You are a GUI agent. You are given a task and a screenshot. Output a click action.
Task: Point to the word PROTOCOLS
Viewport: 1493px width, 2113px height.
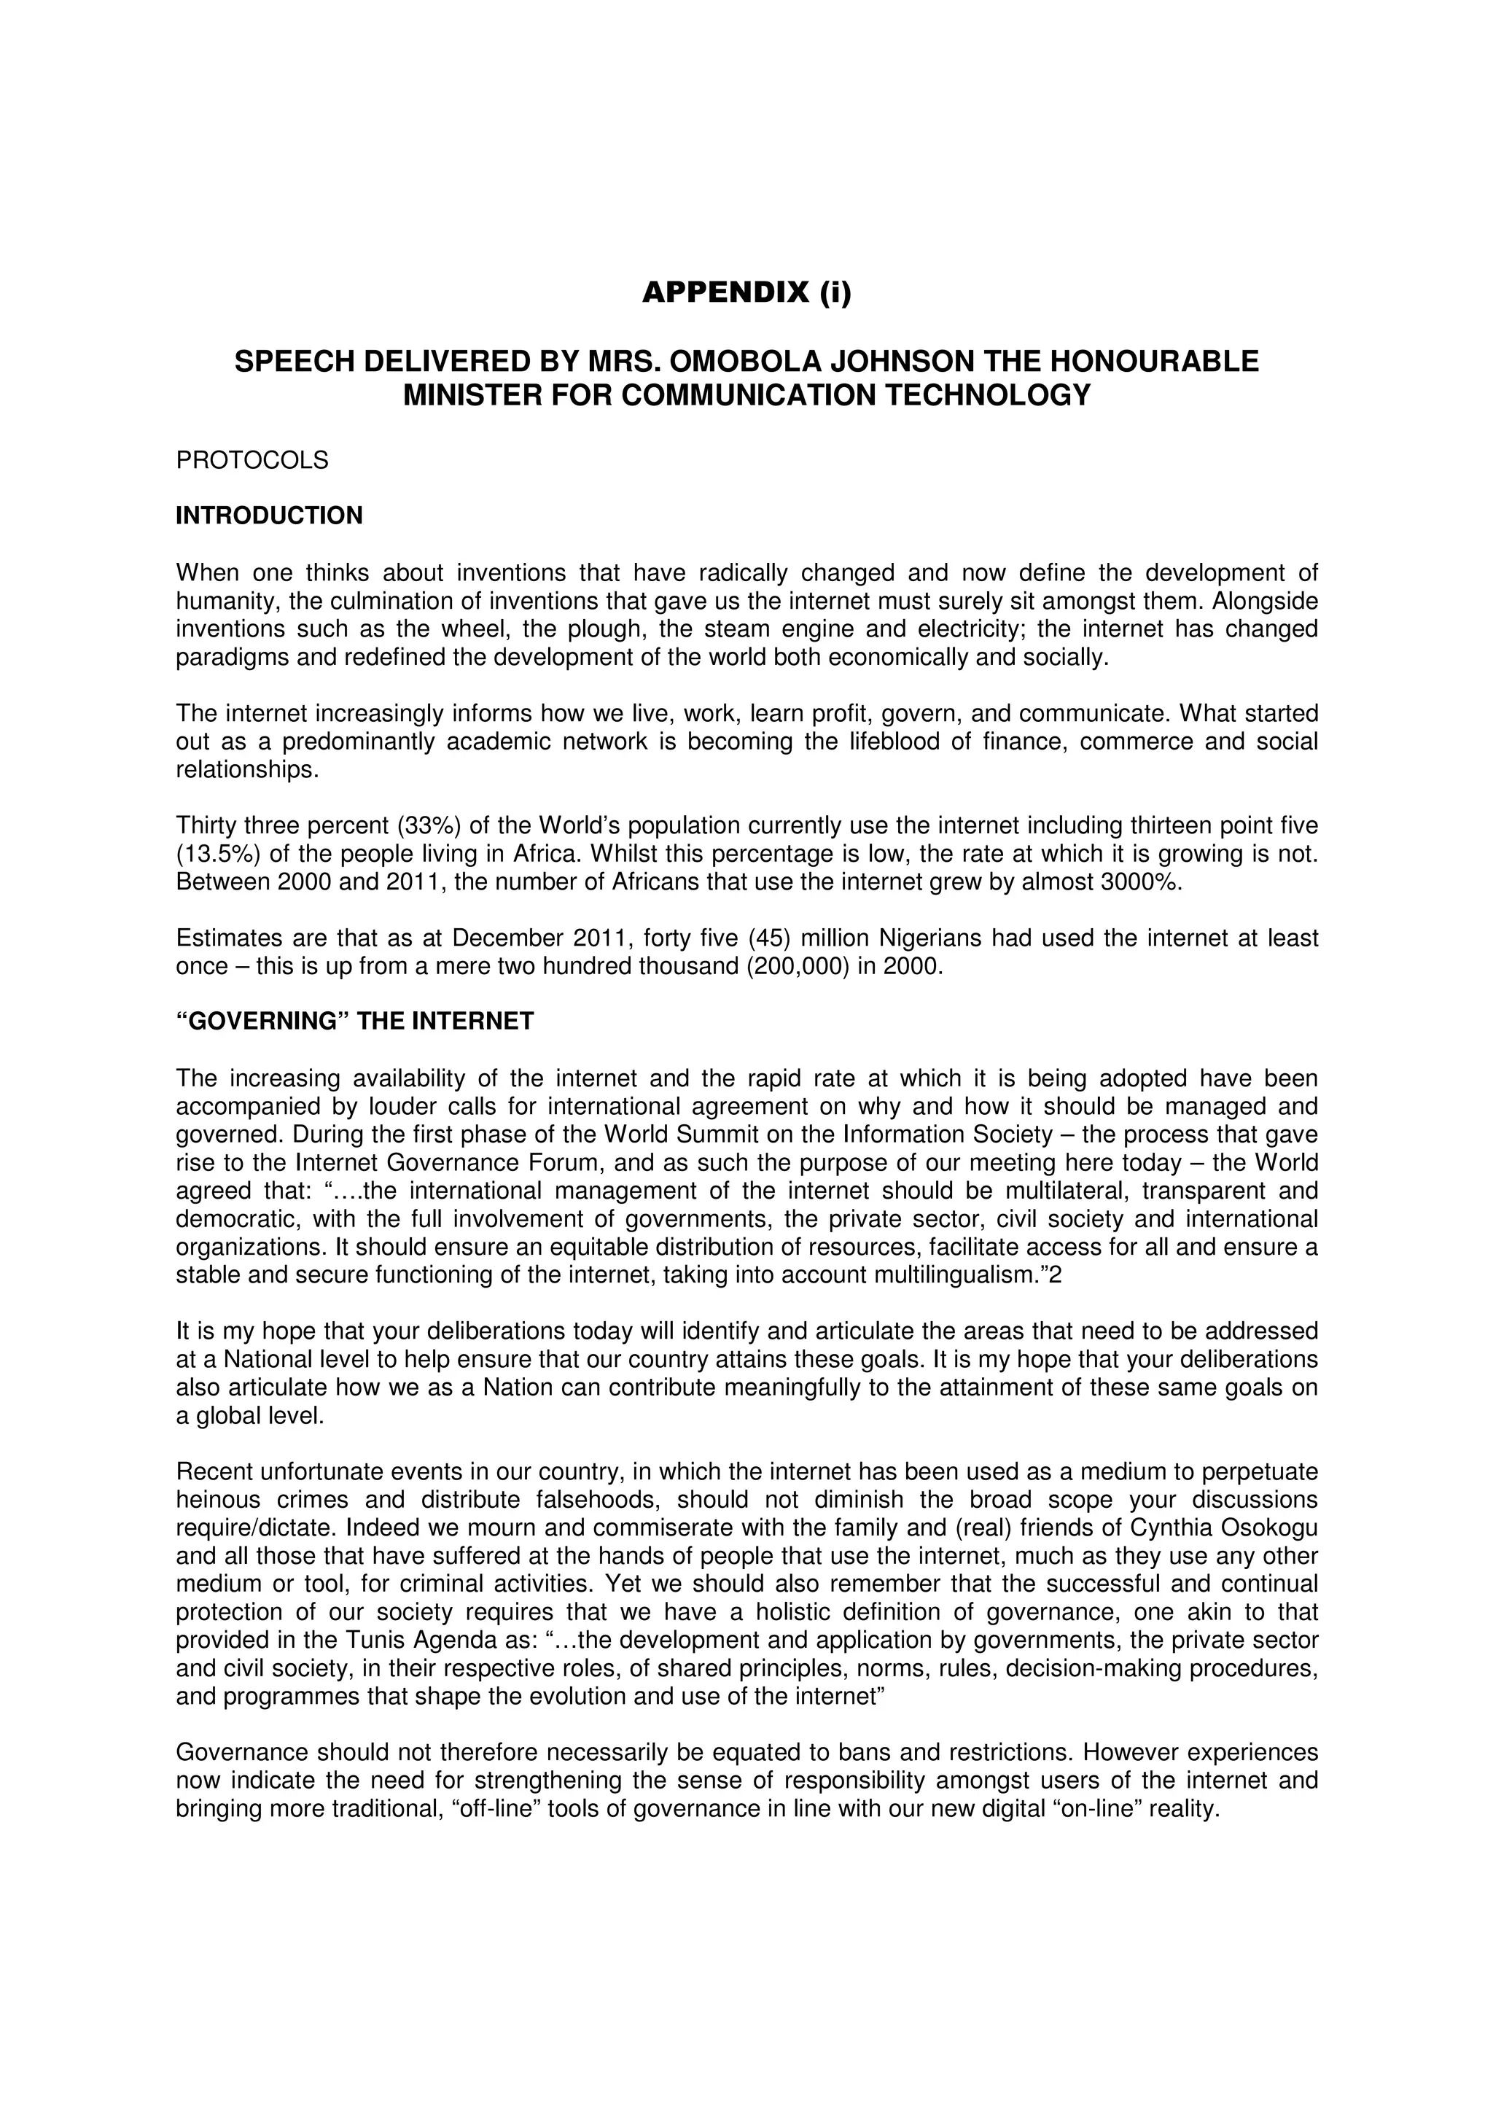point(252,460)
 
